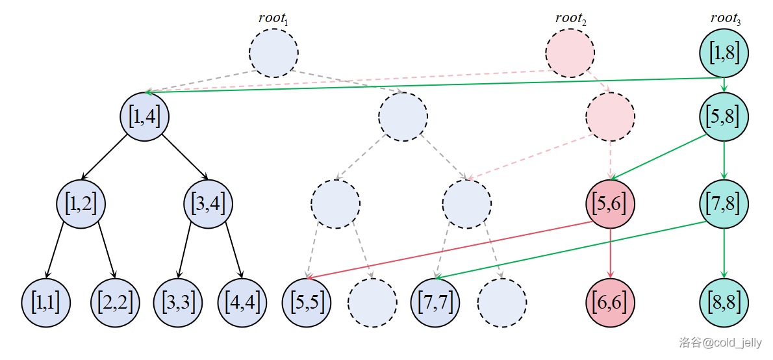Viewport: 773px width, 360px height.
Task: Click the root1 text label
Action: click(273, 18)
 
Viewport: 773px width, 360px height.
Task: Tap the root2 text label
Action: click(570, 18)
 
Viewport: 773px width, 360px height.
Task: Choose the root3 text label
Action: click(726, 18)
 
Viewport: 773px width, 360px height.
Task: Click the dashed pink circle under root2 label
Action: click(570, 53)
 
